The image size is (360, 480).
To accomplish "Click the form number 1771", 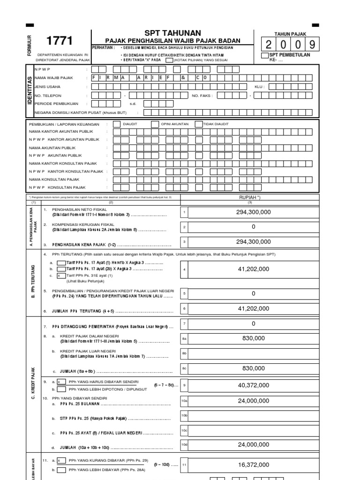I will [60, 42].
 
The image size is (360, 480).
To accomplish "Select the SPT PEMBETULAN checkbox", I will [265, 56].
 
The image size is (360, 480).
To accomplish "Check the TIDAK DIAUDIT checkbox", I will [198, 124].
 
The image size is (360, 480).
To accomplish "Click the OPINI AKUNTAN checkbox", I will [155, 124].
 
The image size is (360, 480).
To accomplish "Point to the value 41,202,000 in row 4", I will [254, 269].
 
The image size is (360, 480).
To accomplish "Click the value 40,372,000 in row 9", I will [254, 385].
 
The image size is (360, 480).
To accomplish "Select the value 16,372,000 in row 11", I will [254, 465].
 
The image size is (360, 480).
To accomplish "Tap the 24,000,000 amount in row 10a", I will [254, 401].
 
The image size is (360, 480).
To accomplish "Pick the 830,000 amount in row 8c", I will [254, 368].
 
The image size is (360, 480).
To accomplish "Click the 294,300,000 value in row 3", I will [254, 242].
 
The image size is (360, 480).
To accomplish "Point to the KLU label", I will [260, 87].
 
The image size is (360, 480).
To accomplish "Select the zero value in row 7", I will [254, 323].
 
